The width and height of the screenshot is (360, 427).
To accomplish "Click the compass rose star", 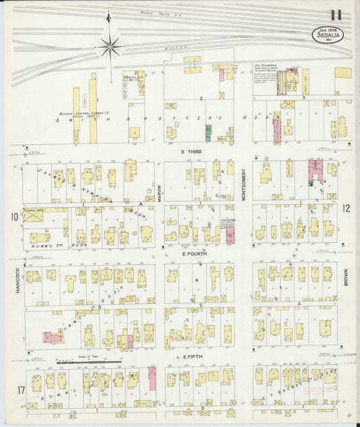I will [x=110, y=46].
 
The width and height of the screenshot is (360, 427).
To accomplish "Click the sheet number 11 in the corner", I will [x=336, y=15].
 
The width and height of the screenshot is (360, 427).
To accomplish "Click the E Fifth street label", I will [x=192, y=355].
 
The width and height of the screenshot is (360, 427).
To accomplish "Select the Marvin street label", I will [x=159, y=191].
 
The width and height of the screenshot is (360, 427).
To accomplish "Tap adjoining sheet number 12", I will [x=345, y=209].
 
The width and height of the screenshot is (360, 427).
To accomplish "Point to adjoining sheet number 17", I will [x=13, y=389].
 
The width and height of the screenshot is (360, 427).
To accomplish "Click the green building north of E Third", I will [x=209, y=132].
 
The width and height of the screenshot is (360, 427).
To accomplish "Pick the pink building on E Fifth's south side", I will [x=152, y=378].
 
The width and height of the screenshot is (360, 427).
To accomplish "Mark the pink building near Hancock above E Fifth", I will [x=53, y=336].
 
